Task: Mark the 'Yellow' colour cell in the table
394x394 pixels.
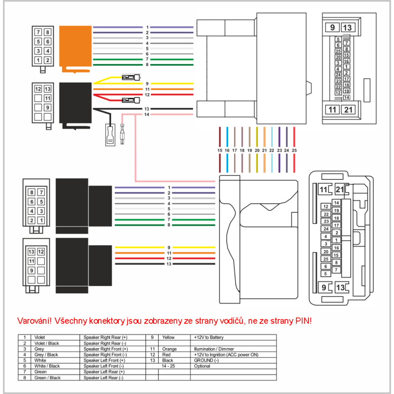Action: [x=169, y=337]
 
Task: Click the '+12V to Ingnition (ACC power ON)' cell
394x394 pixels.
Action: [x=227, y=355]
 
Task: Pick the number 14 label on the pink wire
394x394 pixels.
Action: [x=146, y=115]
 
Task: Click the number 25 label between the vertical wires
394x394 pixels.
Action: [x=294, y=149]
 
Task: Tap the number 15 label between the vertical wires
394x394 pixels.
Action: [x=220, y=149]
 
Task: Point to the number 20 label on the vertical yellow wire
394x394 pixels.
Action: [x=257, y=149]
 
